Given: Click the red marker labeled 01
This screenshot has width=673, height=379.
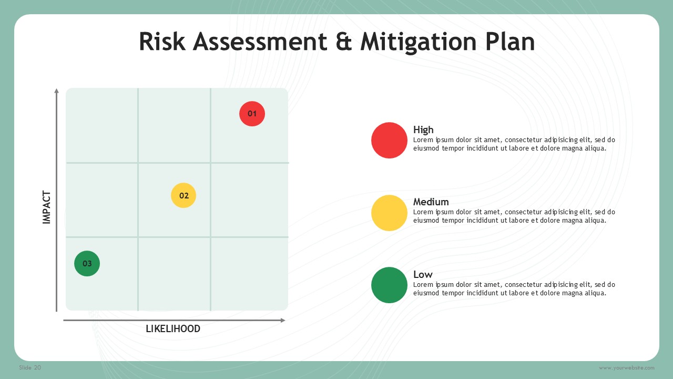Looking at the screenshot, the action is (x=252, y=114).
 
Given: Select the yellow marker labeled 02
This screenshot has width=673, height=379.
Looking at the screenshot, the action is (x=183, y=195).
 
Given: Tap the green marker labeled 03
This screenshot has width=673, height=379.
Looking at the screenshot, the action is (x=87, y=264).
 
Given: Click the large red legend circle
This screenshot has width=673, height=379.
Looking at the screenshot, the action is (x=390, y=140).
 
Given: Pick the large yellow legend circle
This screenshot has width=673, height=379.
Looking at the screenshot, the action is (x=390, y=213).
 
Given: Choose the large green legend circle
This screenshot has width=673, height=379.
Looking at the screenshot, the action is (x=390, y=285).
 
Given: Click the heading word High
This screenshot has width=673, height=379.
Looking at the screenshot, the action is (x=423, y=130).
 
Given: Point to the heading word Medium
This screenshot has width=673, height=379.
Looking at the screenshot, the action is (x=431, y=202).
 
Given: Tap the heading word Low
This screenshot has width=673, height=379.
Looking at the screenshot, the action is (x=423, y=274).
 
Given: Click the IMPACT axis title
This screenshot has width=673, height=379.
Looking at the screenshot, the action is (x=47, y=207).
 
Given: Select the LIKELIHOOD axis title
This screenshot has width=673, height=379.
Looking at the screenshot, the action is (x=173, y=329).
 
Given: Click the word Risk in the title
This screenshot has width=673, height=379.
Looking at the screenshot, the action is (x=162, y=42).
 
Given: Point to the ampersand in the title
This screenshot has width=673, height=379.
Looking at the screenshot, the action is (x=344, y=42).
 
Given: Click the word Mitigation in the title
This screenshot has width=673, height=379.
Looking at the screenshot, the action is (x=419, y=42).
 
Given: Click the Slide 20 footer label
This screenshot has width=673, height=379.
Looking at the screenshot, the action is (x=30, y=367).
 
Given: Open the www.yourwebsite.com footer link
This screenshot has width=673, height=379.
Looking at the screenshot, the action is (x=626, y=368).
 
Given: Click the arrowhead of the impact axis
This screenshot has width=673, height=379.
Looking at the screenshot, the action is (x=56, y=91).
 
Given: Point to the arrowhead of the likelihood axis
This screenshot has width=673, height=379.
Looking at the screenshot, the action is (x=283, y=321).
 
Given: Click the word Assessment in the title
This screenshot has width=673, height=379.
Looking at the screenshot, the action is (x=260, y=42).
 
